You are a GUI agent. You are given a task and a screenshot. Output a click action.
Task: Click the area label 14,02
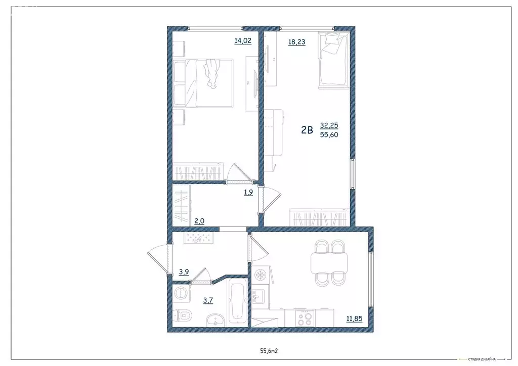[242, 41]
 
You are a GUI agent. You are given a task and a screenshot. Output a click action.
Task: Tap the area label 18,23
[296, 42]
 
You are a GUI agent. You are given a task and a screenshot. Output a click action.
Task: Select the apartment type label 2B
[307, 130]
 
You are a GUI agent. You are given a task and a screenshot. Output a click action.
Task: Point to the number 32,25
[329, 125]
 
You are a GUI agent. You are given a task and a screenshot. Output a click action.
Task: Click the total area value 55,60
[329, 135]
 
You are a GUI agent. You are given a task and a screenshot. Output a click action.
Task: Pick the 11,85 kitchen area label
[356, 318]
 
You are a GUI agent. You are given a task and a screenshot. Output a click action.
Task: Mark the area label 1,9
[248, 192]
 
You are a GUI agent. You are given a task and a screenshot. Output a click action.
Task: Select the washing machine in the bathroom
[181, 293]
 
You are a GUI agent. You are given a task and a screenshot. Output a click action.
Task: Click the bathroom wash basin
[215, 319]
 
